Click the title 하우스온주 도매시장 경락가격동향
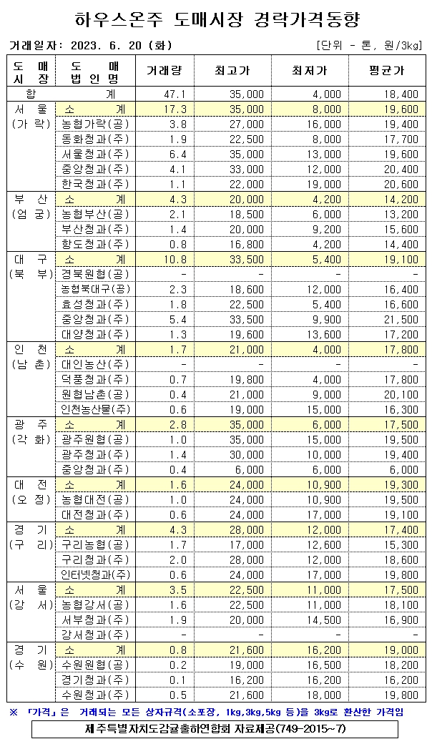point(217,17)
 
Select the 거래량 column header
point(165,71)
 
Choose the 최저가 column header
point(310,71)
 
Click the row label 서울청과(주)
point(95,154)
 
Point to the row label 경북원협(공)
point(95,274)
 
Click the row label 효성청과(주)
point(95,304)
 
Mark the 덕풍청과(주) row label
point(95,379)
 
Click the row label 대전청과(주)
point(95,514)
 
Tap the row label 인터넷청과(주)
point(95,574)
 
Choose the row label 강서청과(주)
point(95,635)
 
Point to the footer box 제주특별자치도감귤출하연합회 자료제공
point(215,729)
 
